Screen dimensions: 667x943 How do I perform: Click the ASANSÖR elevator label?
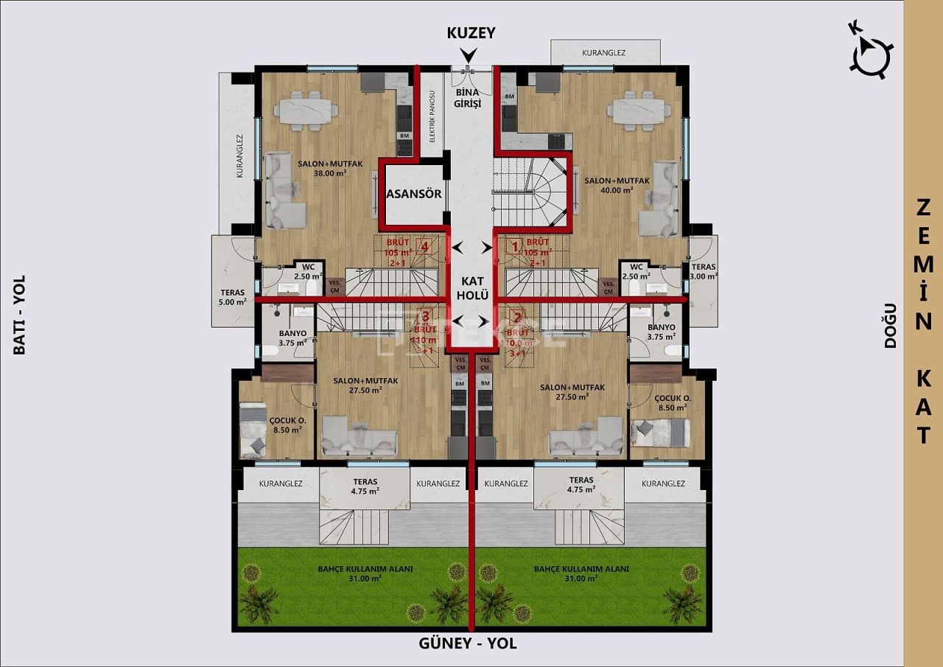pos(413,195)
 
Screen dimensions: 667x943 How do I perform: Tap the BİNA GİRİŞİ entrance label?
pos(467,98)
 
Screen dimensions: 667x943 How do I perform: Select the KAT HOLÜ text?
pos(471,287)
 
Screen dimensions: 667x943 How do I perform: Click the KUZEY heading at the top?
pos(471,33)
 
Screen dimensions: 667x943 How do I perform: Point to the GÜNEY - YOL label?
pos(468,643)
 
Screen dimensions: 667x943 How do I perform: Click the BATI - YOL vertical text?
pos(20,315)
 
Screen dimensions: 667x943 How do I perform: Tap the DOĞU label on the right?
pos(890,325)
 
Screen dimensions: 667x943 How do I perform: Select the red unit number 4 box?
pos(423,247)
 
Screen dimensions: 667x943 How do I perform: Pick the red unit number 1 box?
pos(515,247)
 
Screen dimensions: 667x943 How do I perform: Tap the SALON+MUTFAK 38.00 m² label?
pos(329,169)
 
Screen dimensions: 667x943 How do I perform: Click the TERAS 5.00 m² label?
pos(232,296)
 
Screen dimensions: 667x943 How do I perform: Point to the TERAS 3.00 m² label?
pos(704,271)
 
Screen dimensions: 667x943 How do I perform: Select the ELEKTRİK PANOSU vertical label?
pos(432,116)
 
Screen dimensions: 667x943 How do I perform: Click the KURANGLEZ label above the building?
pos(603,53)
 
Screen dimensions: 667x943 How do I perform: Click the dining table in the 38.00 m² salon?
pos(306,111)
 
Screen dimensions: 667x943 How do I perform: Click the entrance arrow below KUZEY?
pos(468,55)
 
